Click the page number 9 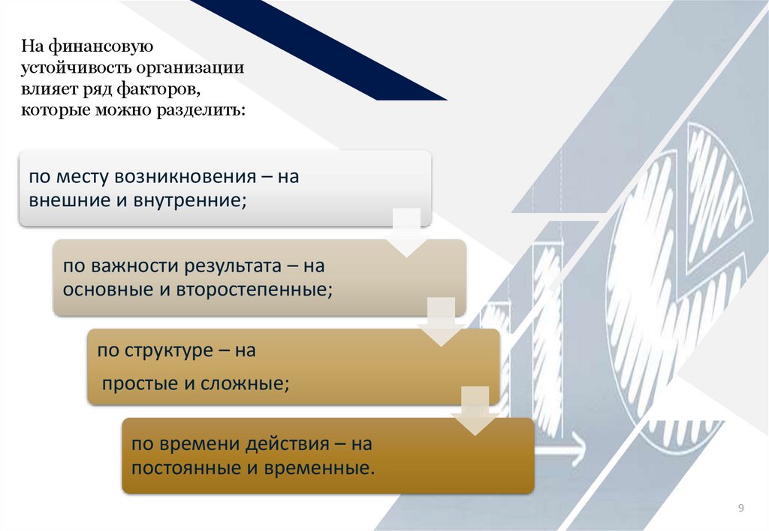coord(741,509)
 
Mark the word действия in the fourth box coord(288,444)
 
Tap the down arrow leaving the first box coord(407,234)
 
